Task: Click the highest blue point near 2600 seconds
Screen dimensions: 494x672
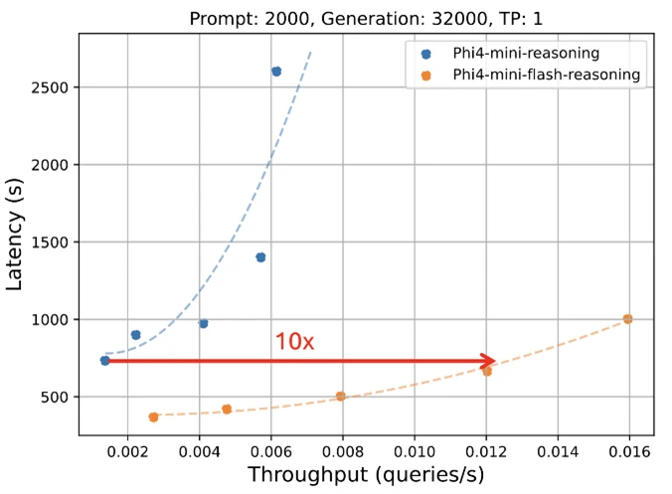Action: [276, 72]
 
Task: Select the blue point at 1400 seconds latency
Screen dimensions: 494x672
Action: [260, 257]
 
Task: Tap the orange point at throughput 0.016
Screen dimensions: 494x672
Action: [627, 319]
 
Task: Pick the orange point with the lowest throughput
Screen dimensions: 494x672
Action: [153, 417]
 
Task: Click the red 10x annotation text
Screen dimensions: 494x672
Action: [294, 341]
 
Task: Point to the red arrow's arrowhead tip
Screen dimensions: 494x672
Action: [495, 361]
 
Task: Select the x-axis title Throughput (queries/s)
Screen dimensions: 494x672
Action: [366, 475]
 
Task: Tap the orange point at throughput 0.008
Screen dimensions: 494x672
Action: [341, 396]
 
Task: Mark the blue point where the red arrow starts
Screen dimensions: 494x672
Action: [105, 361]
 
